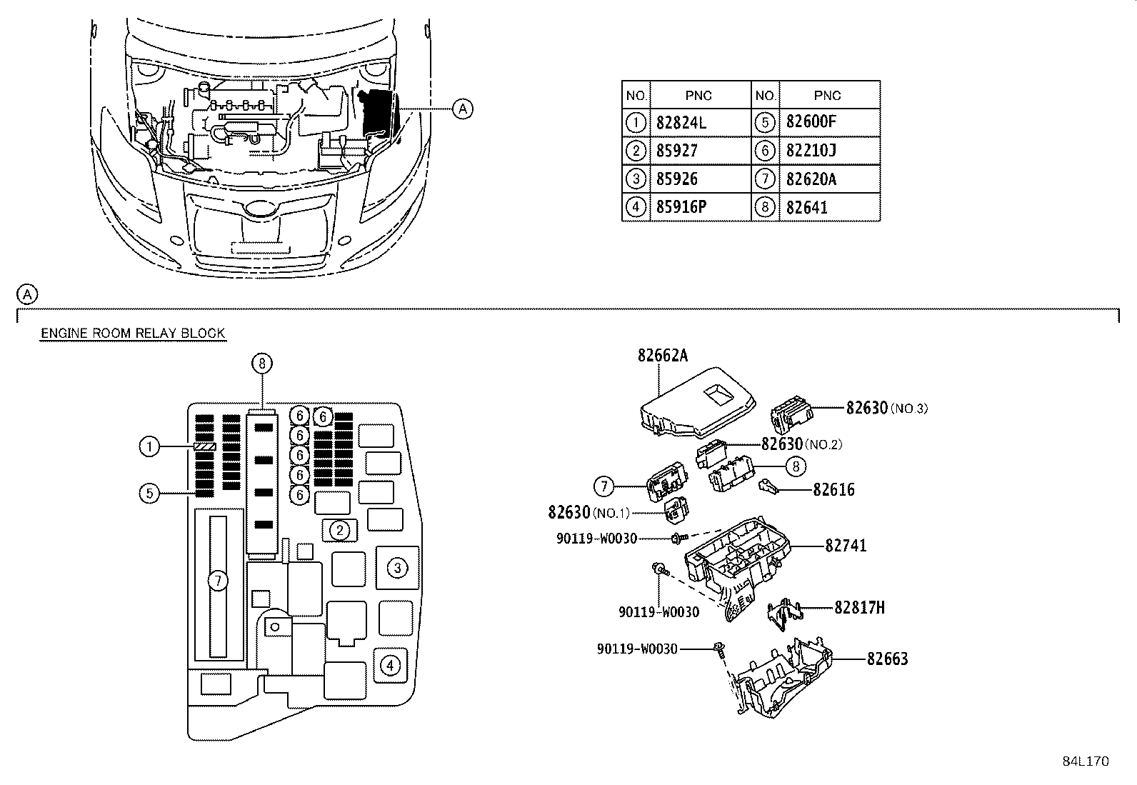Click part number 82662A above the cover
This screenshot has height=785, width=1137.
[662, 356]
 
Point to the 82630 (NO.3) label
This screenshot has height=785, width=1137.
[887, 408]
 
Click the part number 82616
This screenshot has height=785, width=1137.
[833, 489]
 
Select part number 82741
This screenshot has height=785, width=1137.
[846, 545]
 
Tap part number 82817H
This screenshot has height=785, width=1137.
[859, 607]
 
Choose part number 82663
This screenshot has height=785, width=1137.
[887, 659]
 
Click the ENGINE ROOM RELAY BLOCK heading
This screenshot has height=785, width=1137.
[133, 333]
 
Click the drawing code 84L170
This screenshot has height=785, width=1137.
[1086, 761]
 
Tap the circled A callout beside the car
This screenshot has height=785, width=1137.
[462, 109]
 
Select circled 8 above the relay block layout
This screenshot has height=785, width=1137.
[262, 363]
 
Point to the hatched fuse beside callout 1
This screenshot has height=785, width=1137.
[204, 447]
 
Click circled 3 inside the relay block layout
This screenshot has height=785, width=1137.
[397, 568]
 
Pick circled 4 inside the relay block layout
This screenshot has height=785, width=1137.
[390, 665]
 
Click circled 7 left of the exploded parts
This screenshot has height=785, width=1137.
[604, 486]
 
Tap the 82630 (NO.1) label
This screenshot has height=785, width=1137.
[588, 512]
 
